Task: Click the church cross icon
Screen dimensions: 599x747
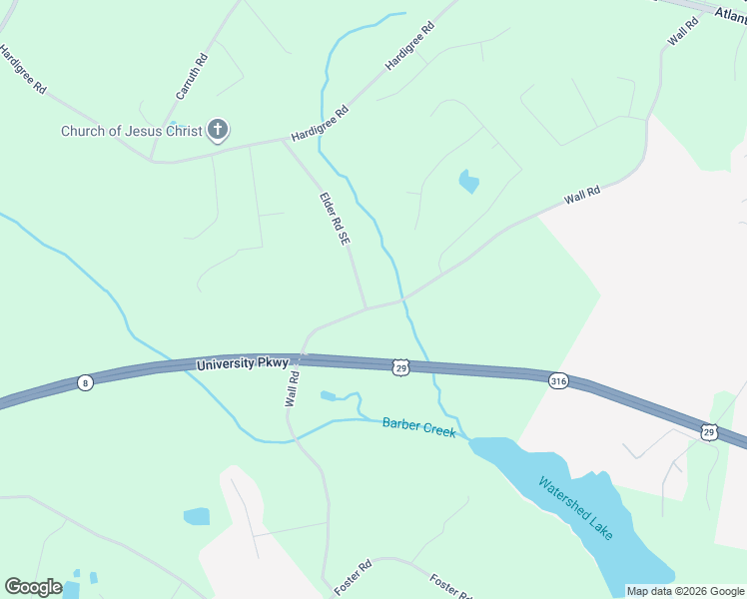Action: (218, 130)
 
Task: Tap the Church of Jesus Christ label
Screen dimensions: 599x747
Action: (131, 131)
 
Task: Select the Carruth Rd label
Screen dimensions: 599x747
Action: (192, 75)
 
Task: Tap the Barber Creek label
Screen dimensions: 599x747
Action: (419, 427)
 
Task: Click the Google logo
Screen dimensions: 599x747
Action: (33, 587)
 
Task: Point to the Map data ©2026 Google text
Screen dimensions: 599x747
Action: (685, 591)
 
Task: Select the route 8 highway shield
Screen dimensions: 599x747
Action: (86, 382)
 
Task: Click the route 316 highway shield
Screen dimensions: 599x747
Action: (558, 381)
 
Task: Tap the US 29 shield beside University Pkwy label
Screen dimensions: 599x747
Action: (399, 368)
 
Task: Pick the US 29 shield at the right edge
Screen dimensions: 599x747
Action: (708, 431)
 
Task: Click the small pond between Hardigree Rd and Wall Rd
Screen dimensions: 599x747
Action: (467, 182)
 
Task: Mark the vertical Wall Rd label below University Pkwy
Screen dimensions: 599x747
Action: (294, 388)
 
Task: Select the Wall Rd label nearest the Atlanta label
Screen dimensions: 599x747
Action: (681, 32)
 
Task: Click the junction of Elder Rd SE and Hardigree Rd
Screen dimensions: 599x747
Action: (283, 140)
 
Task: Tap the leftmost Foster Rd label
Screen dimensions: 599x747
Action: (354, 577)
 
